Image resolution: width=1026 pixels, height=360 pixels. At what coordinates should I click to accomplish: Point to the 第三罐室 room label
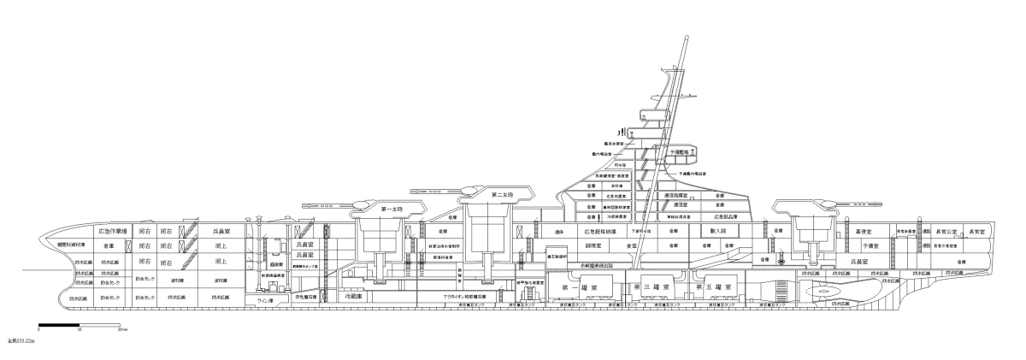[652, 285]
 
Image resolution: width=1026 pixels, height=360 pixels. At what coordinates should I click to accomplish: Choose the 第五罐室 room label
[711, 285]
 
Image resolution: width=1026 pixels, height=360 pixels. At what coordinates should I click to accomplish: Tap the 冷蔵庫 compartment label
[352, 298]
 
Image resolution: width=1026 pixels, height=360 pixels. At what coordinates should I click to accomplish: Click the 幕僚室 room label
[864, 231]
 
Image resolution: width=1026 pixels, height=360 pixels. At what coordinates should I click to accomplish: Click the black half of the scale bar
[59, 326]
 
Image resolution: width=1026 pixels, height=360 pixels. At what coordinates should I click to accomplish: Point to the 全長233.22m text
[19, 340]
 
